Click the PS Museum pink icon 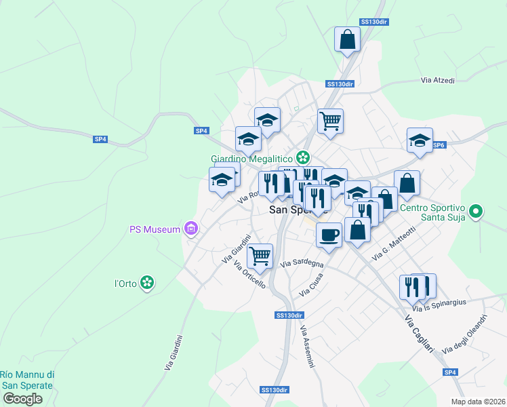pyautogui.click(x=191, y=229)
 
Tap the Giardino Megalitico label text pyautogui.click(x=251, y=158)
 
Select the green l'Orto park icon pyautogui.click(x=147, y=283)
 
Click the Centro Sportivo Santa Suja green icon pyautogui.click(x=476, y=212)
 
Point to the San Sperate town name pyautogui.click(x=298, y=210)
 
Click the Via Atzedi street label pyautogui.click(x=437, y=80)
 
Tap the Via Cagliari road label pyautogui.click(x=418, y=333)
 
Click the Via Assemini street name pyautogui.click(x=308, y=347)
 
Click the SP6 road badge pyautogui.click(x=439, y=145)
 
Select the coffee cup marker pyautogui.click(x=329, y=234)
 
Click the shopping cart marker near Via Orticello pyautogui.click(x=260, y=256)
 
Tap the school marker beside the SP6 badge pyautogui.click(x=420, y=140)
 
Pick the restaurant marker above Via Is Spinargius pyautogui.click(x=413, y=287)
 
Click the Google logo pyautogui.click(x=22, y=399)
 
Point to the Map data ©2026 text pyautogui.click(x=478, y=402)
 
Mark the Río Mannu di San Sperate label pyautogui.click(x=27, y=380)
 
